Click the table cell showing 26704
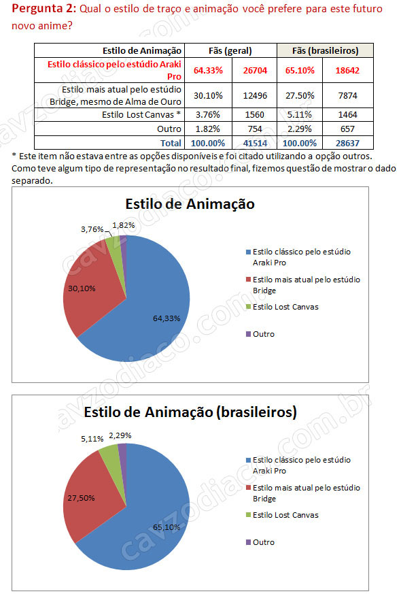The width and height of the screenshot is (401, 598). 255,70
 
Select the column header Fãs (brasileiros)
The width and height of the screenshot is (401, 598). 325,51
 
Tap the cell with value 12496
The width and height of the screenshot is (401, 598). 255,95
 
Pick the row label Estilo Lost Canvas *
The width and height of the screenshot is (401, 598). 141,114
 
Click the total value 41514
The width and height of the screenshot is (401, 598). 255,144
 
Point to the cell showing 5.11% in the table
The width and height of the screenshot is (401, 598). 300,114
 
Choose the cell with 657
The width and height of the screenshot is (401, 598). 347,129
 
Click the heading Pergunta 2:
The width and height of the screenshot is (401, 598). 43,8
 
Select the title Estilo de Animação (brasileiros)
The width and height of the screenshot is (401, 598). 190,412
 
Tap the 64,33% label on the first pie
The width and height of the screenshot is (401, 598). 167,318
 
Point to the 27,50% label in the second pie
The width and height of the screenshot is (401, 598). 81,498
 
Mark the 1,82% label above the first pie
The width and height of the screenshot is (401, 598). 124,225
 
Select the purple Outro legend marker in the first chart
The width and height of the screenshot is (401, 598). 249,334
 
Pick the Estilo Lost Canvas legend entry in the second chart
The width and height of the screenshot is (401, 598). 282,515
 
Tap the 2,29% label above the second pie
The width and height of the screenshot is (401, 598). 120,435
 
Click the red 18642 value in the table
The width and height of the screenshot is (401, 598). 347,70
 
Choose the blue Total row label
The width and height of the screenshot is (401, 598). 171,144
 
